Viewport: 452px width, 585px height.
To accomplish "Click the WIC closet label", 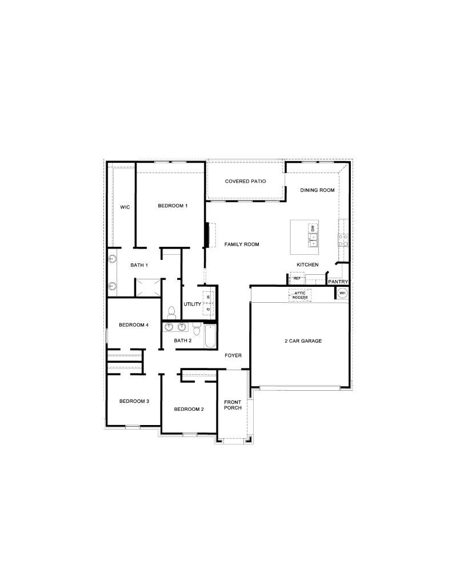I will [125, 207].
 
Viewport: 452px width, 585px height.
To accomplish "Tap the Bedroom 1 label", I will [173, 206].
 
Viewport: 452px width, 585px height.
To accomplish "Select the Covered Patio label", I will [245, 182].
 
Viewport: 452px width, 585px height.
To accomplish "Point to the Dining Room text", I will [317, 190].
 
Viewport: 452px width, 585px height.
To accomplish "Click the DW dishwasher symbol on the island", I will [313, 229].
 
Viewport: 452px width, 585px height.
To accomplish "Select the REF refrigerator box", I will [297, 279].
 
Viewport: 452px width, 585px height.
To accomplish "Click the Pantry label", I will [338, 282].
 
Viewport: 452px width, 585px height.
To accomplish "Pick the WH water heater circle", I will [342, 293].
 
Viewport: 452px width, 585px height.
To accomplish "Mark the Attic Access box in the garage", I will [300, 295].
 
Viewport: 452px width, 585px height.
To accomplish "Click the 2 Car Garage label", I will [303, 341].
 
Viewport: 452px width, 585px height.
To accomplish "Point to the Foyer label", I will [233, 355].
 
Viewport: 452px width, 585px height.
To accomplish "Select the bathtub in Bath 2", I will [209, 335].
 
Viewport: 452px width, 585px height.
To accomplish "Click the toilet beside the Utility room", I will [171, 311].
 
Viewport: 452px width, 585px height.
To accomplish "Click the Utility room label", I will [192, 304].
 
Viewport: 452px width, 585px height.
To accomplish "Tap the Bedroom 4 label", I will [134, 325].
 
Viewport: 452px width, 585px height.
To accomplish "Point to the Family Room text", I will [242, 245].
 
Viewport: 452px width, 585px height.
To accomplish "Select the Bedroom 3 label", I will [134, 401].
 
